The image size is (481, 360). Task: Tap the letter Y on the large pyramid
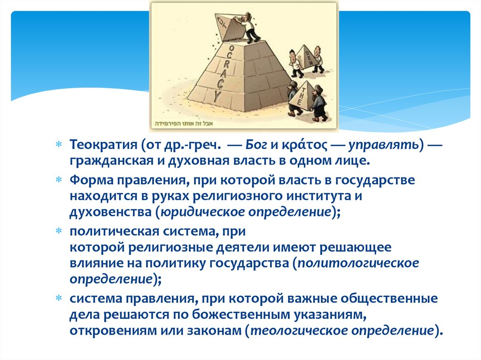217,97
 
